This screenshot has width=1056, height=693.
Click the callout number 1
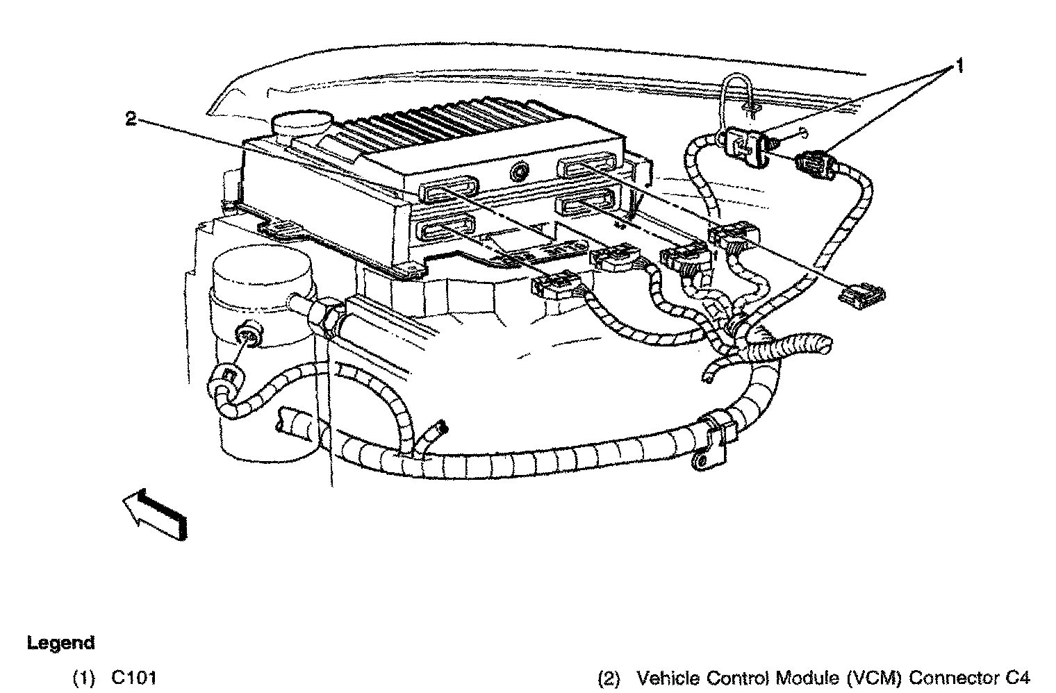pos(959,67)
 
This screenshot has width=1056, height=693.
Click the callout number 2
pos(131,119)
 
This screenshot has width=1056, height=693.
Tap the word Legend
pos(60,643)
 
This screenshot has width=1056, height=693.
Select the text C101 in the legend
pos(133,678)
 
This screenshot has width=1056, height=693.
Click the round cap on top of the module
pos(301,126)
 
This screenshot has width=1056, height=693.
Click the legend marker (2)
pos(609,678)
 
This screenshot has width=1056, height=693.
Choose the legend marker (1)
pos(84,678)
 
